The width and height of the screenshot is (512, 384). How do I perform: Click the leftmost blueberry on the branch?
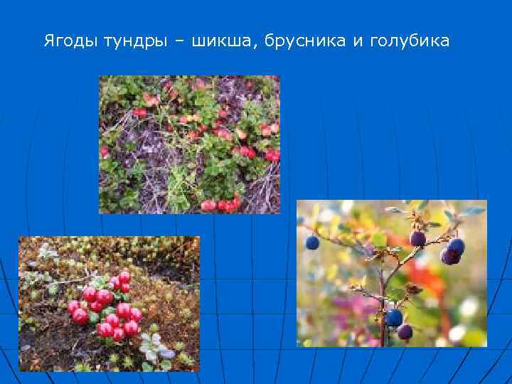pos(312,243)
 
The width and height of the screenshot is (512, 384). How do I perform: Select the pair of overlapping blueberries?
pos(452,251)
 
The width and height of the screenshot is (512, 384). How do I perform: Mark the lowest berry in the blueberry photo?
pos(405,331)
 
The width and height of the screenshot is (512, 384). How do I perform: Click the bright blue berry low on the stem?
pos(394,317)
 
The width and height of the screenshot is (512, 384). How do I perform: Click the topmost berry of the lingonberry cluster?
pos(124,278)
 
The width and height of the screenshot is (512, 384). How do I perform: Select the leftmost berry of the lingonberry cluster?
pos(75,308)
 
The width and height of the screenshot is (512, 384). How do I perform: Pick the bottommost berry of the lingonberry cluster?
pos(118,334)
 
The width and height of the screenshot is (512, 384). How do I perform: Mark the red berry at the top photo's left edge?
pos(105,151)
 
